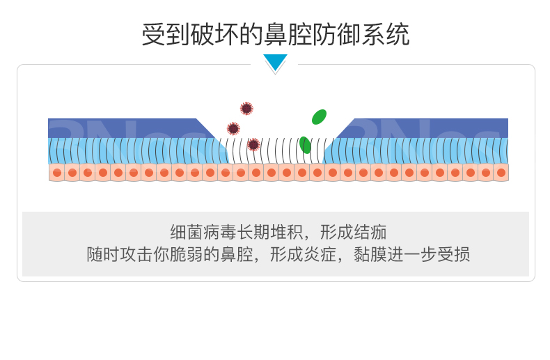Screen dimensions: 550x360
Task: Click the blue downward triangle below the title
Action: click(x=275, y=62)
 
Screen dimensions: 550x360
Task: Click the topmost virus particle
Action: click(x=246, y=109)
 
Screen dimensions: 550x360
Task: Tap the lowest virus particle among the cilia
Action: click(x=253, y=145)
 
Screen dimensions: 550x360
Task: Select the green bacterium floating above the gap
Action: click(x=319, y=117)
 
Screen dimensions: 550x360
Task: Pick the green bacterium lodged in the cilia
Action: click(x=305, y=145)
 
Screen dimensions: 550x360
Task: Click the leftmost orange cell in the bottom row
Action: click(x=56, y=173)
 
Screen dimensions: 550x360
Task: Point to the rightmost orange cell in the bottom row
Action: click(x=501, y=173)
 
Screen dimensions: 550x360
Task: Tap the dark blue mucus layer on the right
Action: click(x=432, y=128)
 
